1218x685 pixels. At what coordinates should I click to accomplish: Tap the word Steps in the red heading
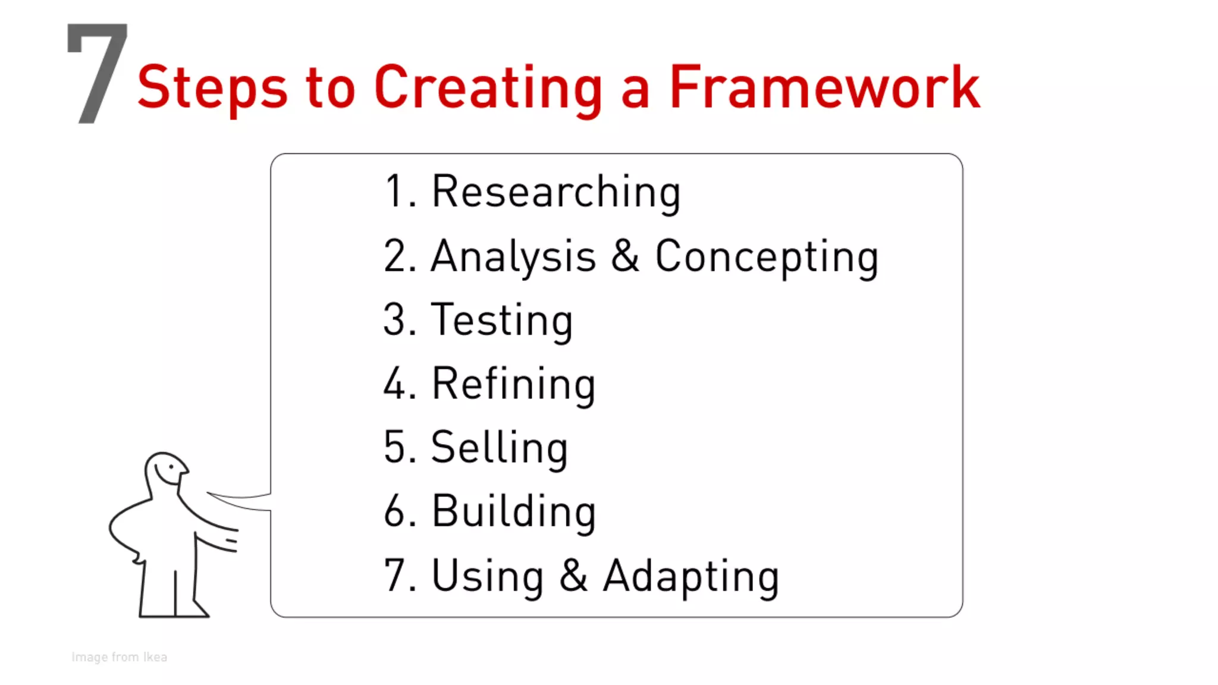pos(212,88)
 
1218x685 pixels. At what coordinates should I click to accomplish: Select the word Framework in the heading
pos(824,88)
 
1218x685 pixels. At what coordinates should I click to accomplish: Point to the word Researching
pos(555,193)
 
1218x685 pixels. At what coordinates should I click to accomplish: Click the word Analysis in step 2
pos(513,257)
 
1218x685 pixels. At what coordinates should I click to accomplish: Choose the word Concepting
pos(766,257)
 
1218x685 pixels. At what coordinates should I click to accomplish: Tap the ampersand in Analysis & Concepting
pos(624,256)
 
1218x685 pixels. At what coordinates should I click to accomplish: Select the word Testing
pos(501,321)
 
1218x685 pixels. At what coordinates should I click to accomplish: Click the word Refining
pos(513,385)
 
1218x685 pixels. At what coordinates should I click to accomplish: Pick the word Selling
pos(498,448)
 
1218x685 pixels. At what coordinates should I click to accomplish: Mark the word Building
pos(513,511)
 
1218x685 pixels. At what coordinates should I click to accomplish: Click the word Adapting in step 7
pos(690,576)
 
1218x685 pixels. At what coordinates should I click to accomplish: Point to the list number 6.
pos(395,511)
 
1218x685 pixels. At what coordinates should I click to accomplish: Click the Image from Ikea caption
pos(119,657)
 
